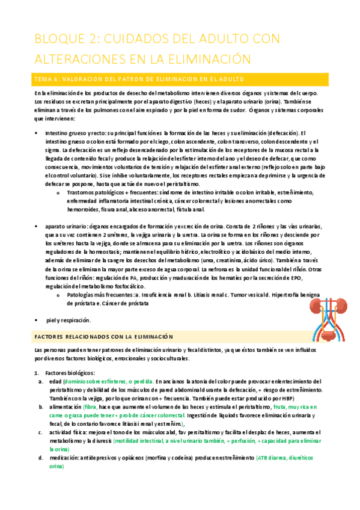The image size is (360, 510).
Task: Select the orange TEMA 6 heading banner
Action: (180, 79)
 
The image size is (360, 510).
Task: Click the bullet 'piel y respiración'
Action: (69, 320)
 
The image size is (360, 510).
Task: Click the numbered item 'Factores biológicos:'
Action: (70, 372)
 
